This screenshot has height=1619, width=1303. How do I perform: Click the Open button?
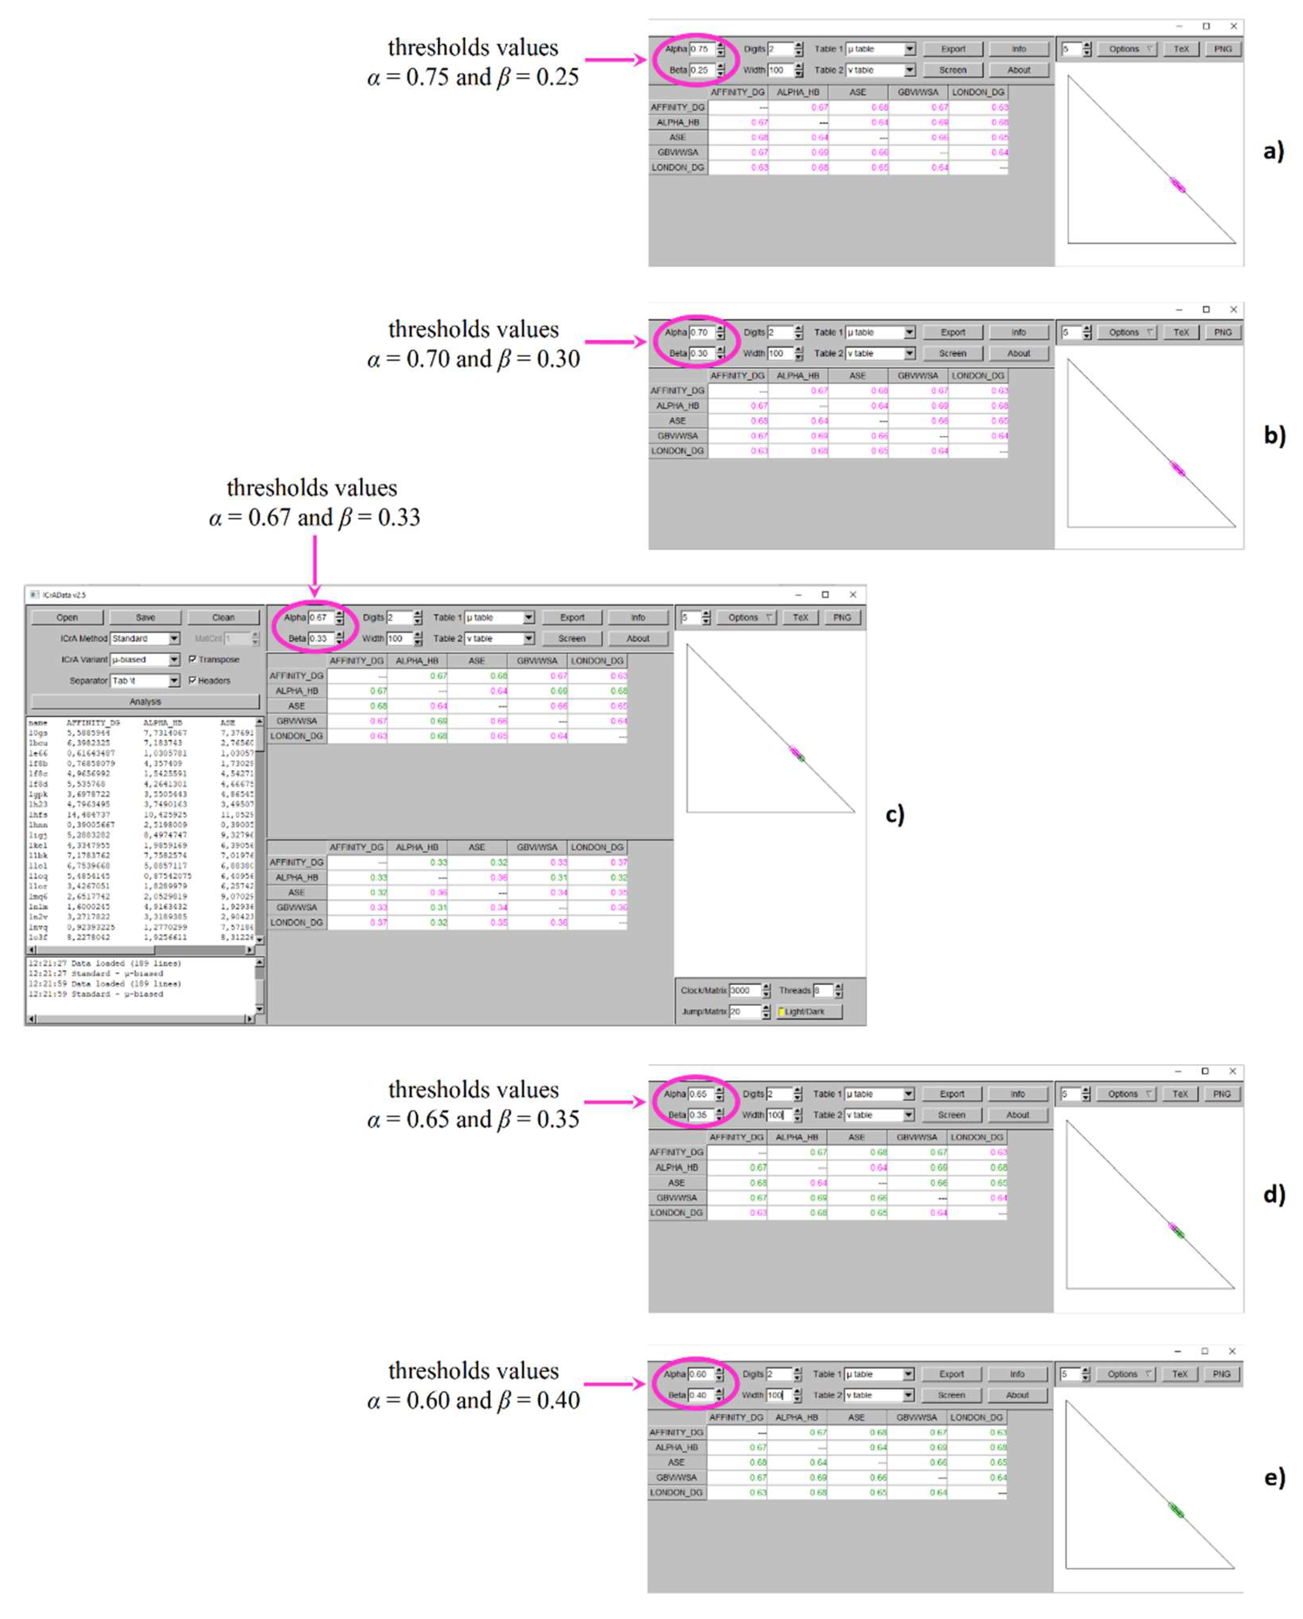point(67,617)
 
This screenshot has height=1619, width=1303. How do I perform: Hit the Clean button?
point(223,617)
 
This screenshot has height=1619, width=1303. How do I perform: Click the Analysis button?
point(145,702)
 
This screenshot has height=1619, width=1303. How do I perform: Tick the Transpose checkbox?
point(193,659)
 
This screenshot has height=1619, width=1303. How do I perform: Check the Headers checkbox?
point(193,680)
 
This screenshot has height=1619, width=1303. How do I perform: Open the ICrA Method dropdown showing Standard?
point(145,638)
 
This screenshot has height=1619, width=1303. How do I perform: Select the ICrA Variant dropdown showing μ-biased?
point(145,659)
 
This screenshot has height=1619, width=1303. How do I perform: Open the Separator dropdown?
point(145,680)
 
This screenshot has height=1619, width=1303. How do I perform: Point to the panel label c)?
point(895,814)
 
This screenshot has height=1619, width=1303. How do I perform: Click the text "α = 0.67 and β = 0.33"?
point(315,518)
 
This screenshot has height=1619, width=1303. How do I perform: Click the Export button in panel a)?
point(953,49)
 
